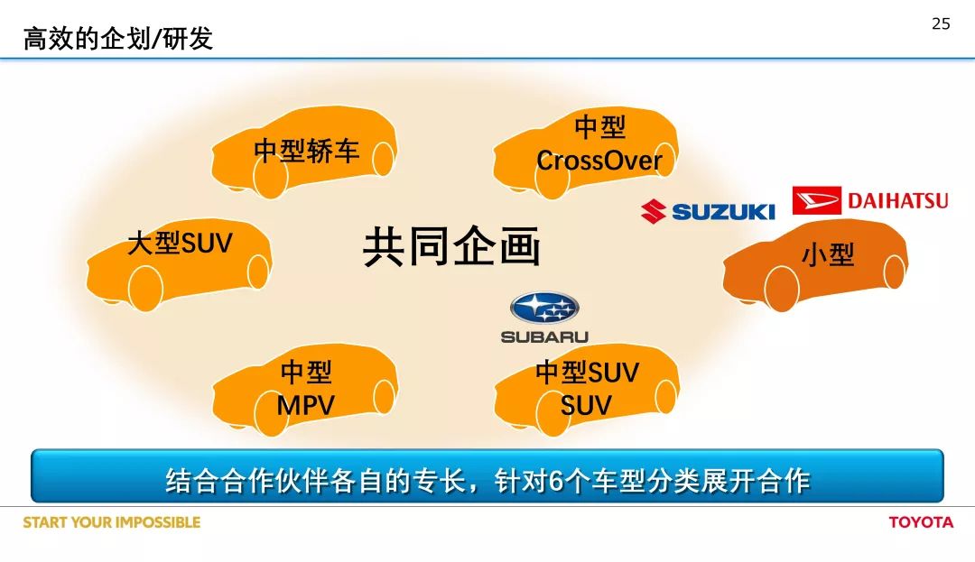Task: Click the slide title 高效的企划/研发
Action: [118, 39]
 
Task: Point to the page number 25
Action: [941, 23]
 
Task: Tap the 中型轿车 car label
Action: [307, 151]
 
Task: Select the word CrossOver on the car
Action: [599, 161]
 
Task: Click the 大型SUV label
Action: [180, 243]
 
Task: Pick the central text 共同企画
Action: [451, 246]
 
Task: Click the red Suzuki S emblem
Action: [654, 211]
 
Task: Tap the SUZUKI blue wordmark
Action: [723, 212]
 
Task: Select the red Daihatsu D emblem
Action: [816, 200]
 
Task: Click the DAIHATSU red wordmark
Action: [898, 200]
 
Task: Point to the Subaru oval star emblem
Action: [544, 308]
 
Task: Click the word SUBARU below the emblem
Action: [544, 336]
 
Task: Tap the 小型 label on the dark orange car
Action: [828, 254]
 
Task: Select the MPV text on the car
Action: [305, 406]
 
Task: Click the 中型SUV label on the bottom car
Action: [587, 373]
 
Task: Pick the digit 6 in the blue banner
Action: [556, 482]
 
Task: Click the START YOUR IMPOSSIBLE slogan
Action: [112, 522]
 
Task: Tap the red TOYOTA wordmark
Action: [921, 522]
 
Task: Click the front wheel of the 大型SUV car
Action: [145, 289]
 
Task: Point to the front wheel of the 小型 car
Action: [782, 290]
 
